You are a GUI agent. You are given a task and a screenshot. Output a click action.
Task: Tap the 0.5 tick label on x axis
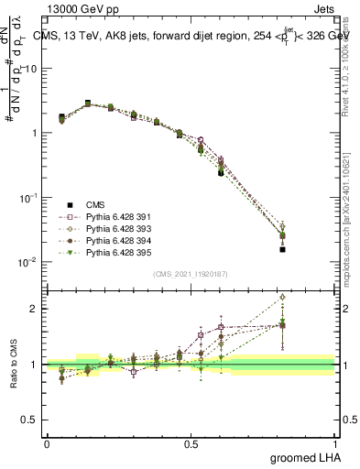click(x=191, y=442)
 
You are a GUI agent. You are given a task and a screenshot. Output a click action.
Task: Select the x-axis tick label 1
click(x=335, y=442)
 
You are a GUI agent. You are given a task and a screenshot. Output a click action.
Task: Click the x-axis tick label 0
click(x=47, y=442)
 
